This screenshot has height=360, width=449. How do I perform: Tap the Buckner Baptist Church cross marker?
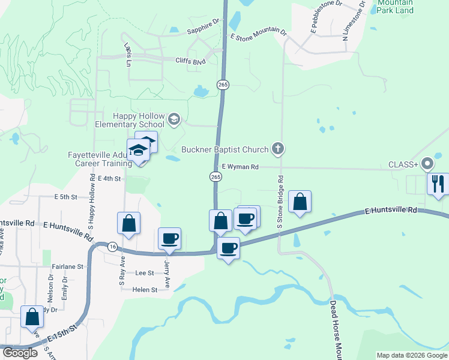pos(277,148)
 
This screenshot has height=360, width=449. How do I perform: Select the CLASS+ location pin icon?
pos(427,163)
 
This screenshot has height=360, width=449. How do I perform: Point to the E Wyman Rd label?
pos(240,167)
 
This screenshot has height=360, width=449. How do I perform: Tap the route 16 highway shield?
pos(112,247)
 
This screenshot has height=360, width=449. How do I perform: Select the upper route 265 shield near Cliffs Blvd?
pos(223,85)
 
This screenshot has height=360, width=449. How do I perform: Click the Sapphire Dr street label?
pos(203,22)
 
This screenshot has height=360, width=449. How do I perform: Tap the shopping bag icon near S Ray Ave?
pos(128,224)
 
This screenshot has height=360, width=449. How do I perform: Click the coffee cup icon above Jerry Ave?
pos(169,239)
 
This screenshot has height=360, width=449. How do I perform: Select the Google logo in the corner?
pos(20,353)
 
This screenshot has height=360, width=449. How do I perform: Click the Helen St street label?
pos(145,289)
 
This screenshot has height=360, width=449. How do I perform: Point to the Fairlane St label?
pos(67,266)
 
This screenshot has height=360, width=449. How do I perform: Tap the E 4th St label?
pos(109,179)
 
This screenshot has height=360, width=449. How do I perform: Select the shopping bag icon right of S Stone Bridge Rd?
pos(300,203)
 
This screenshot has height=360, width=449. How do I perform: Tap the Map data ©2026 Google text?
pos(411,355)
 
